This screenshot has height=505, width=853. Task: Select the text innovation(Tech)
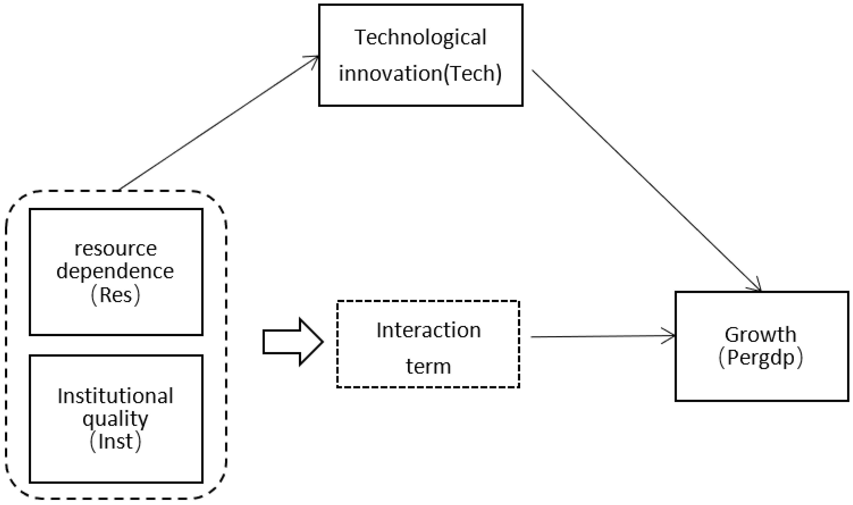click(420, 73)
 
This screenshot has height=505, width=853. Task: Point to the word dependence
click(115, 272)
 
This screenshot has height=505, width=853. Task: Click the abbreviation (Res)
click(115, 295)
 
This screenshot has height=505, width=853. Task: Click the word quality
click(115, 419)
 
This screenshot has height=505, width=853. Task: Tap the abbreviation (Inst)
click(115, 442)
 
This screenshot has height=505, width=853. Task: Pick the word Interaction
click(429, 330)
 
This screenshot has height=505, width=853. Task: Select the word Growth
click(761, 335)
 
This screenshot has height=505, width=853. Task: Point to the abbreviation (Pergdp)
click(761, 358)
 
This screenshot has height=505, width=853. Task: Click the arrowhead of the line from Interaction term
click(670, 336)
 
